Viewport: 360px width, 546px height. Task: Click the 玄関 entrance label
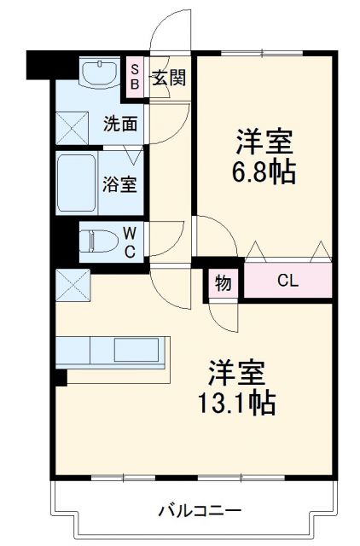(168, 78)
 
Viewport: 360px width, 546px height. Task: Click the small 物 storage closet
(223, 283)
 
